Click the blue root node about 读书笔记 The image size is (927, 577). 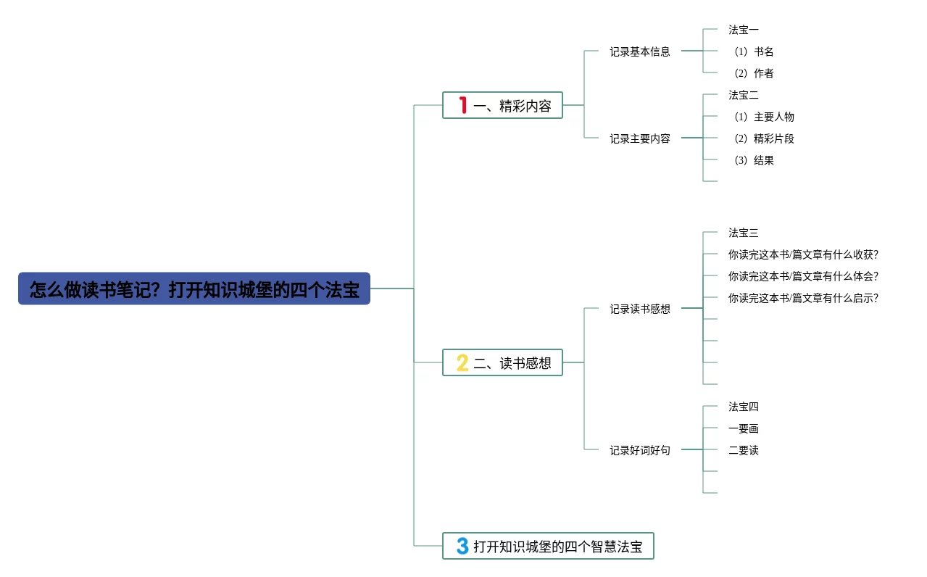tap(194, 288)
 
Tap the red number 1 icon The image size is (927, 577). tap(462, 105)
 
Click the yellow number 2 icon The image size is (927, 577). tap(462, 362)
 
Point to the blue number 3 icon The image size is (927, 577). tap(462, 546)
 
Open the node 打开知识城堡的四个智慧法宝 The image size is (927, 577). tap(557, 546)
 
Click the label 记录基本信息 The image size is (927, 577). tap(639, 51)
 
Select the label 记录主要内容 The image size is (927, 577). tap(639, 138)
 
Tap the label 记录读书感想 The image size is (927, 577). tap(639, 309)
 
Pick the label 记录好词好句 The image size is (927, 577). tap(639, 450)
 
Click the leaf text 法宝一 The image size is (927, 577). tap(744, 30)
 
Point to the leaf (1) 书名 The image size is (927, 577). tap(754, 51)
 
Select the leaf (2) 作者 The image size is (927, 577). tap(754, 73)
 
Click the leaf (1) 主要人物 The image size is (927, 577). tap(764, 117)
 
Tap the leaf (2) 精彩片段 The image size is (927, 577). tap(764, 138)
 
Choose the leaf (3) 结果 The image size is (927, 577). tap(754, 160)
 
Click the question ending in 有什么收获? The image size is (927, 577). tap(803, 254)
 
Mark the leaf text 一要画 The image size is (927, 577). tap(744, 428)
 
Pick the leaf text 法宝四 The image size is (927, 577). tap(744, 407)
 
